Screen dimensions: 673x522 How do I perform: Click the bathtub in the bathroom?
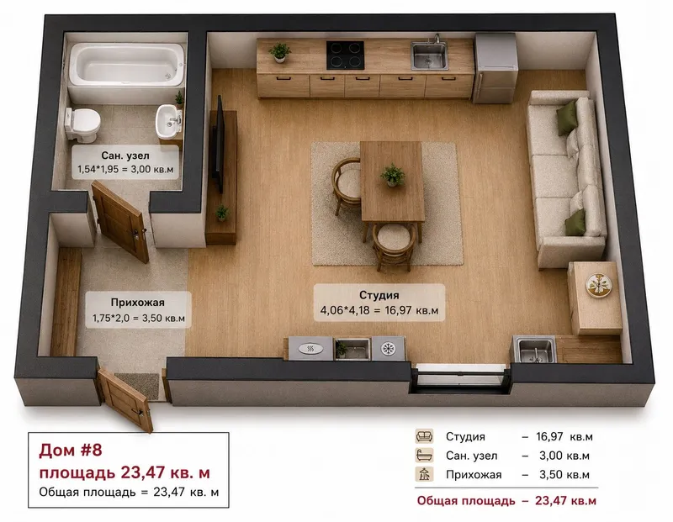click(x=127, y=65)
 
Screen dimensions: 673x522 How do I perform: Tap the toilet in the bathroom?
click(x=82, y=124)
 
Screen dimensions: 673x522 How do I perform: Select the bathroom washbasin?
click(x=169, y=120)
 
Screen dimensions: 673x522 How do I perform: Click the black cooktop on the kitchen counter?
click(x=345, y=55)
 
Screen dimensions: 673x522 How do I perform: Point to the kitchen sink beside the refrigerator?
click(x=429, y=55)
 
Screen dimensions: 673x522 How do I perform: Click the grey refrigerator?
click(x=495, y=68)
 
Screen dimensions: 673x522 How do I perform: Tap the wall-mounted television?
click(x=220, y=144)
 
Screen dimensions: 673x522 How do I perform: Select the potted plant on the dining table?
click(x=393, y=175)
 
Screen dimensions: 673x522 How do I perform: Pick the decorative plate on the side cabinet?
click(x=599, y=285)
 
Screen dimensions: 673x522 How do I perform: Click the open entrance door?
click(x=125, y=399)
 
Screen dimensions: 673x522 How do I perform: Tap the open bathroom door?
click(x=120, y=221)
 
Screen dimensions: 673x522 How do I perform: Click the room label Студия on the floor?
click(x=379, y=295)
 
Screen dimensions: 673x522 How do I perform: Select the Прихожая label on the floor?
click(x=137, y=303)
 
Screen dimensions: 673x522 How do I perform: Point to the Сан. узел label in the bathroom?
click(x=125, y=156)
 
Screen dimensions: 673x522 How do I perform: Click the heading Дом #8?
click(x=71, y=450)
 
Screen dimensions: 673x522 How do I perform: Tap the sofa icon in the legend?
click(x=424, y=436)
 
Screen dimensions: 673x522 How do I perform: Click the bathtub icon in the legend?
click(x=424, y=455)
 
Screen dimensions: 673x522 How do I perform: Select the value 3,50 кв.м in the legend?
click(x=564, y=475)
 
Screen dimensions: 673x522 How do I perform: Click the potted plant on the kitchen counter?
click(x=280, y=52)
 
